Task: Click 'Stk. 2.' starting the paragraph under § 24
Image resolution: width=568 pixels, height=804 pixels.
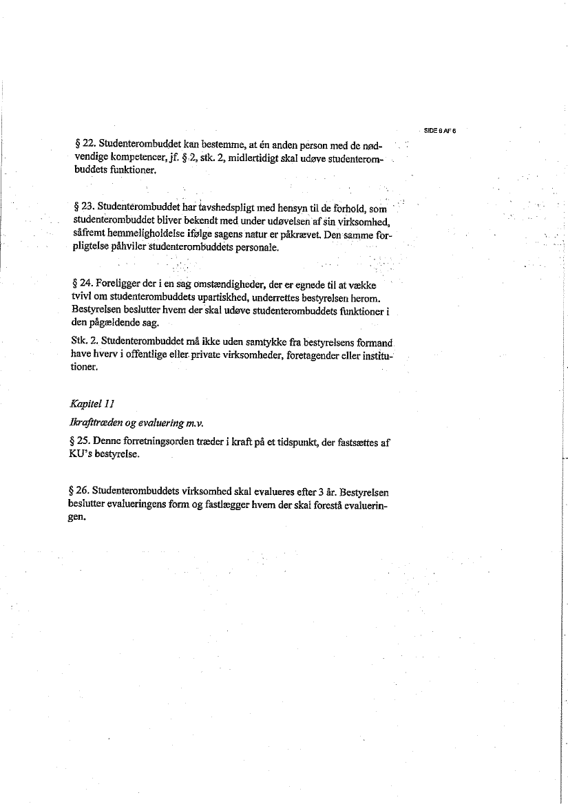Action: coord(85,341)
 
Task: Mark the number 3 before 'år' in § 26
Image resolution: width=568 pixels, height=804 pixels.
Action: coord(312,493)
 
